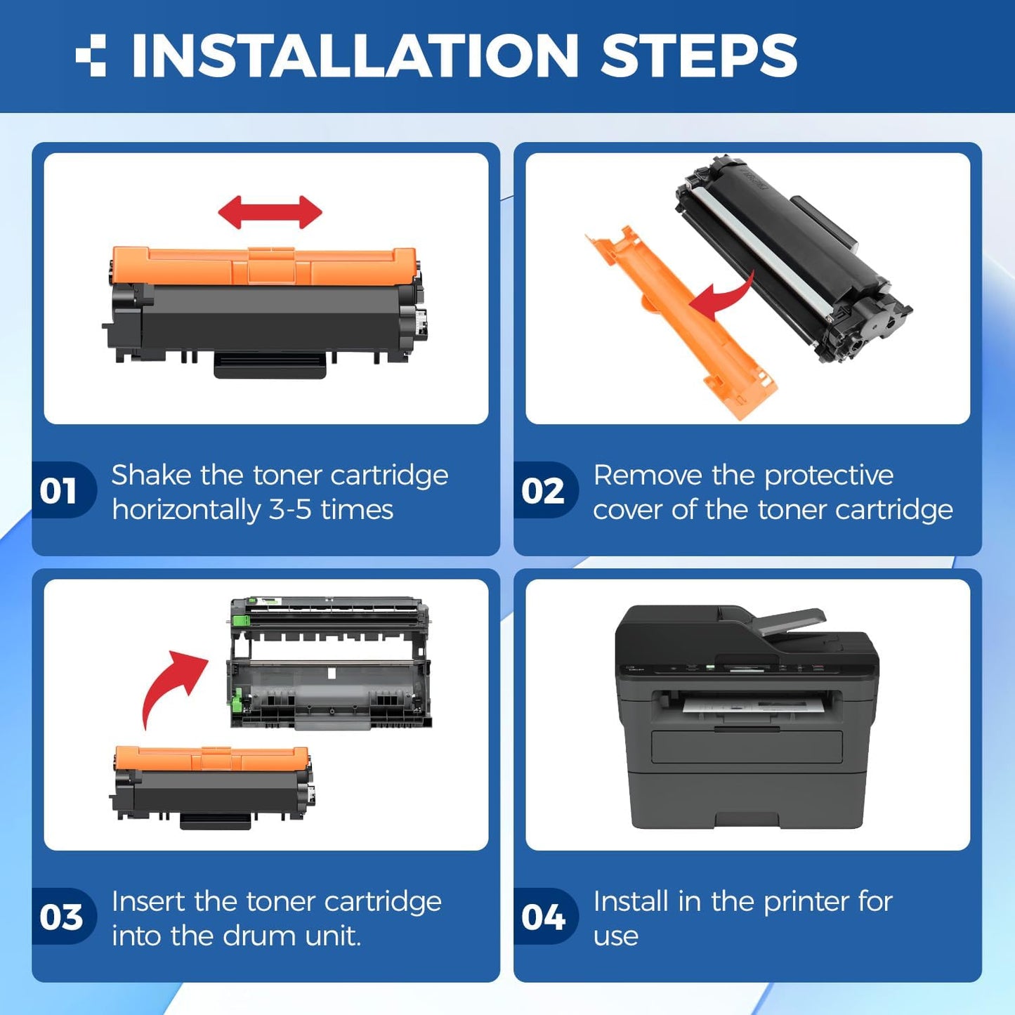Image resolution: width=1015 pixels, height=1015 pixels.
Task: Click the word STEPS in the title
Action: [x=698, y=55]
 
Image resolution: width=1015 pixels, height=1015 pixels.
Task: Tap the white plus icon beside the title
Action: [x=91, y=55]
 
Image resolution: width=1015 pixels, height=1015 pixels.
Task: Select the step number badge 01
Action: [x=59, y=490]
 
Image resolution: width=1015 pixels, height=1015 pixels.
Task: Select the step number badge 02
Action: [x=543, y=490]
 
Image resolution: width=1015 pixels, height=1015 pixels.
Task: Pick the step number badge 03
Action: [x=60, y=917]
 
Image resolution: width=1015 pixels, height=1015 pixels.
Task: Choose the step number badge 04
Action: [x=543, y=917]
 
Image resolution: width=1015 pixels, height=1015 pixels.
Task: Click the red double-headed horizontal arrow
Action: [x=270, y=212]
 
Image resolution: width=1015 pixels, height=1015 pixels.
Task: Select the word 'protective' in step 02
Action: [x=829, y=476]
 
